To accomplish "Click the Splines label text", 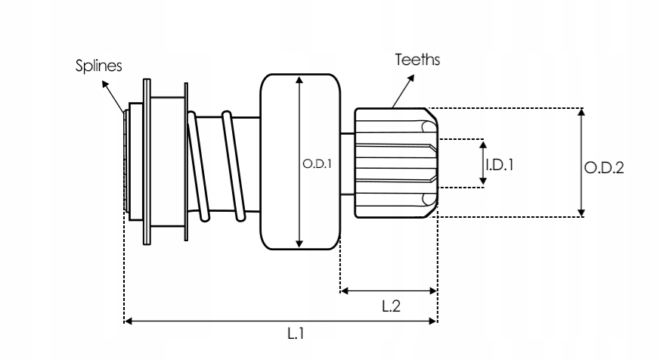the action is (x=98, y=66).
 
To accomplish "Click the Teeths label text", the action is (x=417, y=60).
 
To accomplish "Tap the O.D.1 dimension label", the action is (x=317, y=164).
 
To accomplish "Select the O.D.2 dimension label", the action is (x=604, y=168).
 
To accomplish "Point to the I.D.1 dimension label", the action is (x=500, y=165).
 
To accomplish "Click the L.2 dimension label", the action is (x=391, y=306).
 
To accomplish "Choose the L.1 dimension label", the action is (x=296, y=334).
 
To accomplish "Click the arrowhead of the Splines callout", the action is (x=105, y=84).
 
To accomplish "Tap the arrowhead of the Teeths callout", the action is (x=411, y=79).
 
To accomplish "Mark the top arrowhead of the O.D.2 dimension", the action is (x=581, y=112).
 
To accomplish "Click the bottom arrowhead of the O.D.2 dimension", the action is (x=581, y=213).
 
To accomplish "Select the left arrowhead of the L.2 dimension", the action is (x=344, y=290).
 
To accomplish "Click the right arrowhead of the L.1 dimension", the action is (x=432, y=321).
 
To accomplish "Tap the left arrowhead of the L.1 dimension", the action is (x=129, y=321).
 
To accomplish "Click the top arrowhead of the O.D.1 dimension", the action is (x=299, y=80).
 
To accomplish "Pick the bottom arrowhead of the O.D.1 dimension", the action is (x=299, y=244).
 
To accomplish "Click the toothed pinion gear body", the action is (x=396, y=163).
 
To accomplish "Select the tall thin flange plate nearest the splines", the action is (x=147, y=162).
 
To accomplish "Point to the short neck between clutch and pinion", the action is (x=347, y=164).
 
